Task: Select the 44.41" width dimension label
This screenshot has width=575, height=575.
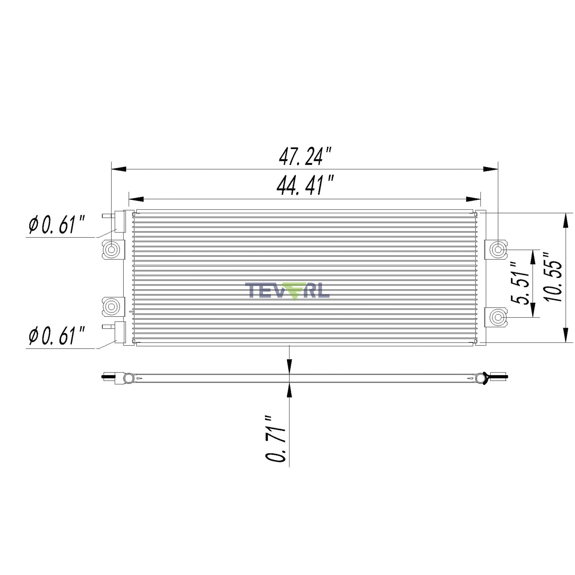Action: pos(305,185)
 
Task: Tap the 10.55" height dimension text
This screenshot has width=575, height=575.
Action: pos(553,277)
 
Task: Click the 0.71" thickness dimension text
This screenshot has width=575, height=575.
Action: pos(276,439)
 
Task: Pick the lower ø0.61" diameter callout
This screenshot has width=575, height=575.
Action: pos(57,336)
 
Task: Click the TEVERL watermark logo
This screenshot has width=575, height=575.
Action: pos(287,291)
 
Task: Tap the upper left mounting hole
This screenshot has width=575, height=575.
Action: pos(111,249)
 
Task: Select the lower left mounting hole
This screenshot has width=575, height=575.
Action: pos(111,306)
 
